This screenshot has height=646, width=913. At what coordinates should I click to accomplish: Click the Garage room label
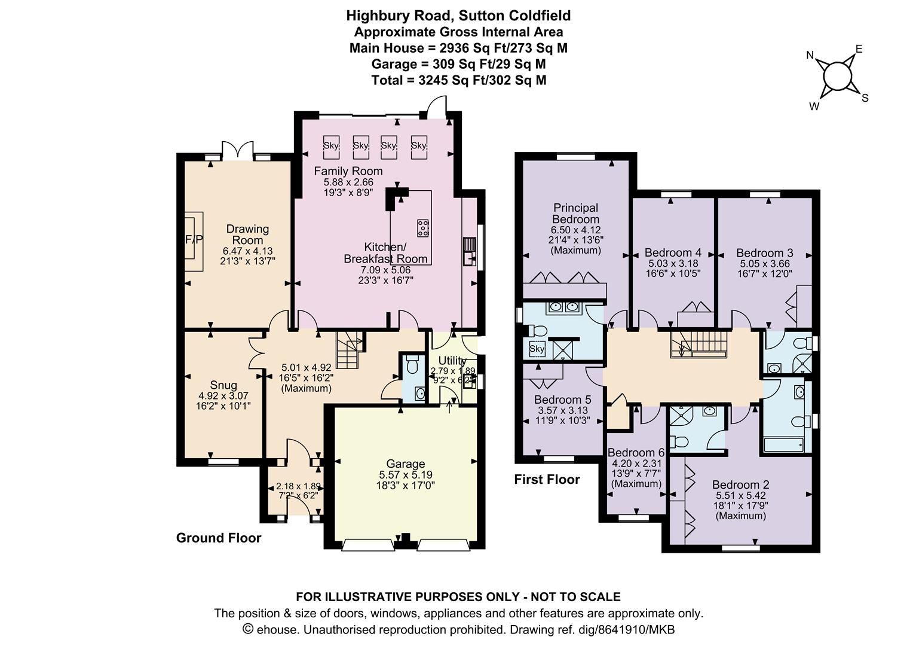click(406, 464)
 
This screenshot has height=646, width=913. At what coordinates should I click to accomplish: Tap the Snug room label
click(223, 385)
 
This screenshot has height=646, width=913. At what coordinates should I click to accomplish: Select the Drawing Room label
click(247, 234)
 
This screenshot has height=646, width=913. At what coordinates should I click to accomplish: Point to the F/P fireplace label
click(194, 239)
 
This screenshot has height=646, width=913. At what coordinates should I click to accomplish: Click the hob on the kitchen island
click(423, 228)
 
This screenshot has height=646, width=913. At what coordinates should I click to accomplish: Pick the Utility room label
click(452, 361)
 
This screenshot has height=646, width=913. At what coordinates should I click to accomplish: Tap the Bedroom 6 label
click(636, 453)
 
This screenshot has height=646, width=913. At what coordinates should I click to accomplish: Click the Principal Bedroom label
click(575, 214)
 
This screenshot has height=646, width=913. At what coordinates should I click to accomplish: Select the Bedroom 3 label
click(765, 253)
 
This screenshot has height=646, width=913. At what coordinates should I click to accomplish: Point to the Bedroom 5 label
click(562, 400)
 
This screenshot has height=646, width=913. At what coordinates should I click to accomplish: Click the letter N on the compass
click(810, 55)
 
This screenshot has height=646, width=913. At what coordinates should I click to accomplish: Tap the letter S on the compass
click(865, 98)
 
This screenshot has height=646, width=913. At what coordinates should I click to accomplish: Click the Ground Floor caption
click(219, 538)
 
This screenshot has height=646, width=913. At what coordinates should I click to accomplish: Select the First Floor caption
click(547, 479)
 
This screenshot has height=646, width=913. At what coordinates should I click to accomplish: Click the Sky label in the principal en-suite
click(537, 349)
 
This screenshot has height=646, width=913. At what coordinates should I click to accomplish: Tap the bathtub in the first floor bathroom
click(784, 444)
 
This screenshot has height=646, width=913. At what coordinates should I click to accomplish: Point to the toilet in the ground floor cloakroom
click(412, 364)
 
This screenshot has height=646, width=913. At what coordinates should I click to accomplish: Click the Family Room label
click(348, 171)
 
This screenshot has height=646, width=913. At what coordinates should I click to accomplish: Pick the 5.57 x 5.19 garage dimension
click(406, 474)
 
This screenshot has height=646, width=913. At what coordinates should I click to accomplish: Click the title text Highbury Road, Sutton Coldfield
click(458, 16)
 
